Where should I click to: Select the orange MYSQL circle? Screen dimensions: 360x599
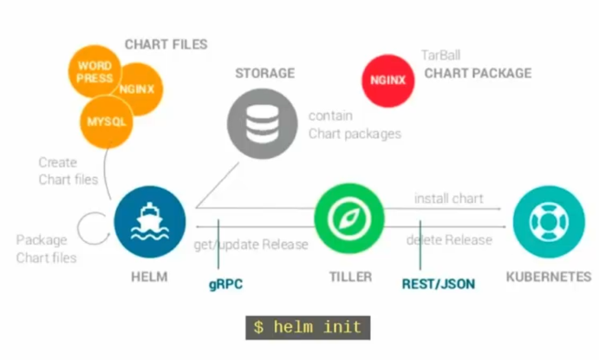tap(107, 121)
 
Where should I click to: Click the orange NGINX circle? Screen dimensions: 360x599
tap(137, 88)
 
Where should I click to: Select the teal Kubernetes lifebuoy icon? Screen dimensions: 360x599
tap(547, 220)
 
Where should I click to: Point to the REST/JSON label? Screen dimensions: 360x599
tap(439, 284)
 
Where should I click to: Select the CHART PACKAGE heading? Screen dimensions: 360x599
tap(478, 74)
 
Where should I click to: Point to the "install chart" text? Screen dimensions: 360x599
tap(448, 199)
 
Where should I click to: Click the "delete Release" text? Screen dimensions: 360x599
tap(449, 239)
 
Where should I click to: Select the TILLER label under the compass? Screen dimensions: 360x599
tap(349, 277)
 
